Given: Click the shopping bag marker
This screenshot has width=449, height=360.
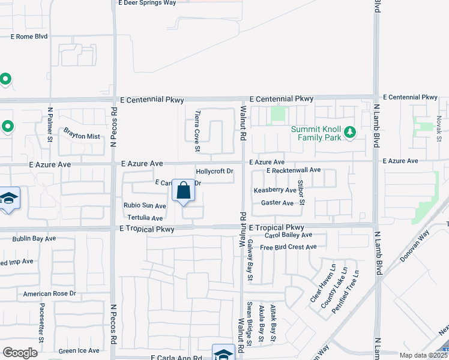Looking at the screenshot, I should tap(184, 192).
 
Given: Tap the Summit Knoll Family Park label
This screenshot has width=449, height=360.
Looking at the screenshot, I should tap(316, 133).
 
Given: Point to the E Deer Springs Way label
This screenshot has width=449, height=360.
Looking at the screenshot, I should tap(148, 3).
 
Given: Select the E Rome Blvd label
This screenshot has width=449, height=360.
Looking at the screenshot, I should tap(29, 37).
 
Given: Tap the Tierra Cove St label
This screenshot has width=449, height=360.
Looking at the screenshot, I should tap(197, 131).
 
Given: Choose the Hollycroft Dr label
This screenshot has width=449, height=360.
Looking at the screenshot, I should tap(214, 172).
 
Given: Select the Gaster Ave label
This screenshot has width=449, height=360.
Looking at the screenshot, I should tap(277, 203).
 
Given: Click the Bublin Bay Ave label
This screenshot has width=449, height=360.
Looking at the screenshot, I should tap(34, 239).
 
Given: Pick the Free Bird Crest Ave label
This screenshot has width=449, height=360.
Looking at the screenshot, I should tap(288, 247).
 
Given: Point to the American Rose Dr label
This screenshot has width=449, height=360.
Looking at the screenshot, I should tap(50, 293).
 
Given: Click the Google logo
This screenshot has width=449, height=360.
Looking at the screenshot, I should tap(20, 353).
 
